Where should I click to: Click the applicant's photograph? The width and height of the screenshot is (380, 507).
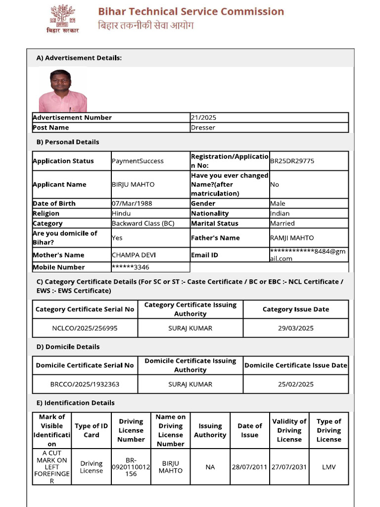click(62, 91)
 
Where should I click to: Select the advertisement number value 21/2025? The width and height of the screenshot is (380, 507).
click(203, 117)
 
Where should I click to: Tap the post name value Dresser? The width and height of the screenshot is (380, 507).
click(203, 127)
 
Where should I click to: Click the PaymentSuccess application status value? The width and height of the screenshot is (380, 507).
click(138, 161)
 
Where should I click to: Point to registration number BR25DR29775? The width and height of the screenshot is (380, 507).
click(292, 161)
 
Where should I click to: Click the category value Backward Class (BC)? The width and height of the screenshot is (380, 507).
click(143, 223)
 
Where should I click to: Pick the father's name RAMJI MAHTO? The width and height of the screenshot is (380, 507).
click(292, 238)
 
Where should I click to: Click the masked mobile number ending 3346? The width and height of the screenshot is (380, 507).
click(131, 267)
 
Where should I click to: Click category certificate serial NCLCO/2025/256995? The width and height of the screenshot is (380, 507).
click(85, 328)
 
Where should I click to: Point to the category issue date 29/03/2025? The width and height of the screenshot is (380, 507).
click(295, 328)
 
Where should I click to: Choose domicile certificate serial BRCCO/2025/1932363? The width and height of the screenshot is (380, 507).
click(85, 384)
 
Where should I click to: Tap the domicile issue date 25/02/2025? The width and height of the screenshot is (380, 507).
click(295, 384)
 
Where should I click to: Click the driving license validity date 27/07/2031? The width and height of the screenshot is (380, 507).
click(289, 467)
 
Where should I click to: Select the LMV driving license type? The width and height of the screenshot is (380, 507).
click(329, 467)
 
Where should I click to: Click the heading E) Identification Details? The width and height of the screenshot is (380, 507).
click(75, 403)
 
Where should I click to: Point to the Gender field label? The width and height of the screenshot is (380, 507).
click(203, 203)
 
